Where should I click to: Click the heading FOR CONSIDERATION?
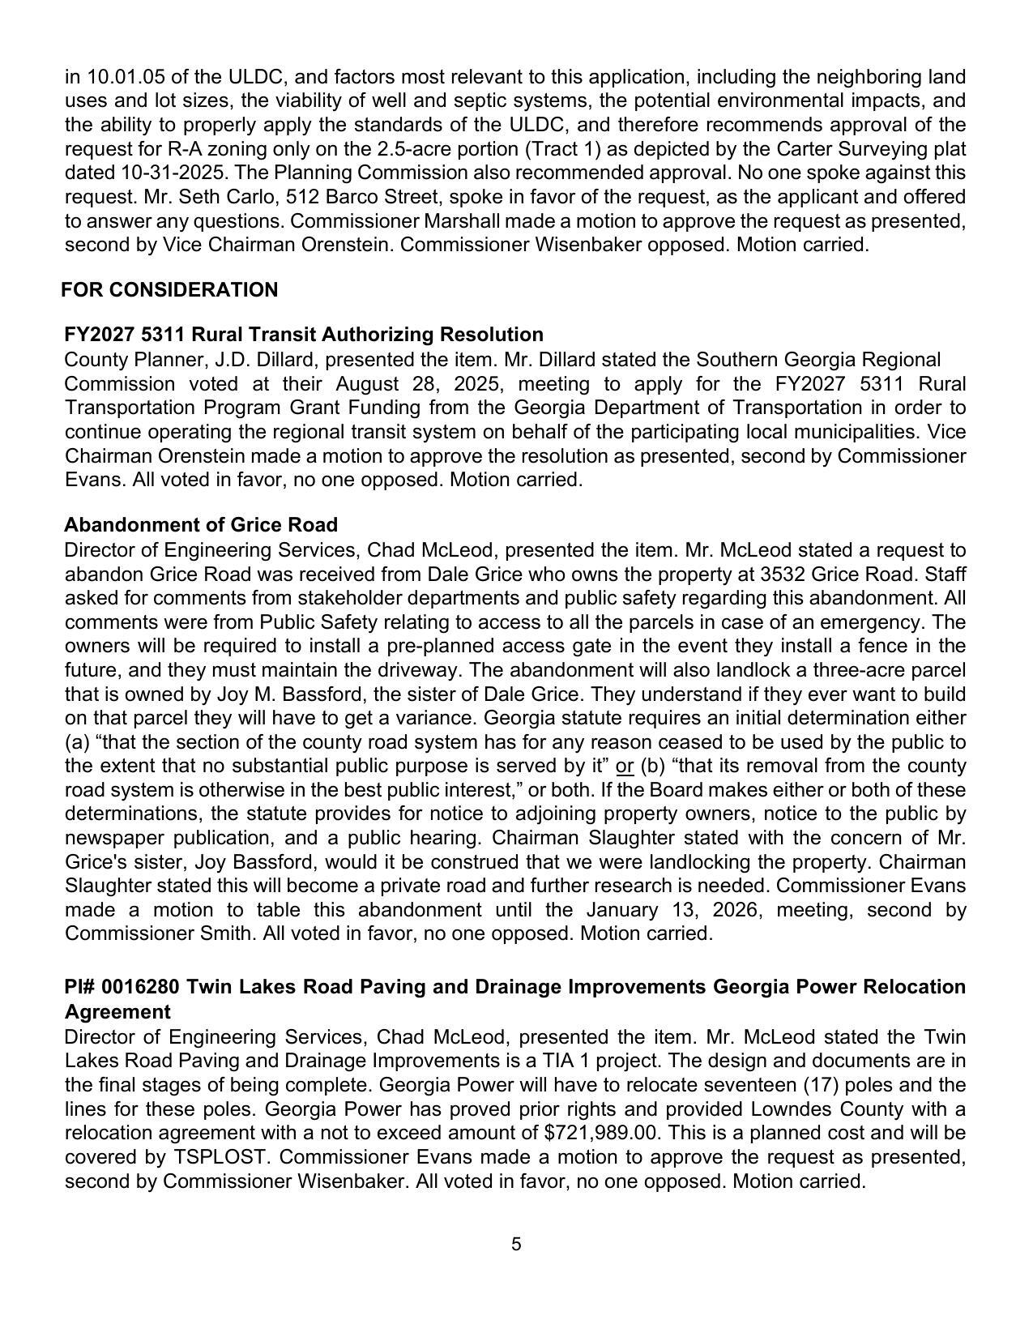click(x=169, y=290)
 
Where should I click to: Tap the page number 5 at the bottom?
click(x=516, y=1244)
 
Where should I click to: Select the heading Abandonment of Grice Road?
click(x=201, y=524)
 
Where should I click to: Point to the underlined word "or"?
click(x=625, y=766)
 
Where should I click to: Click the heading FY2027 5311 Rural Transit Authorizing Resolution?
click(x=304, y=335)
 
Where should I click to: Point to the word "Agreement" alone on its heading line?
click(x=117, y=1012)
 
